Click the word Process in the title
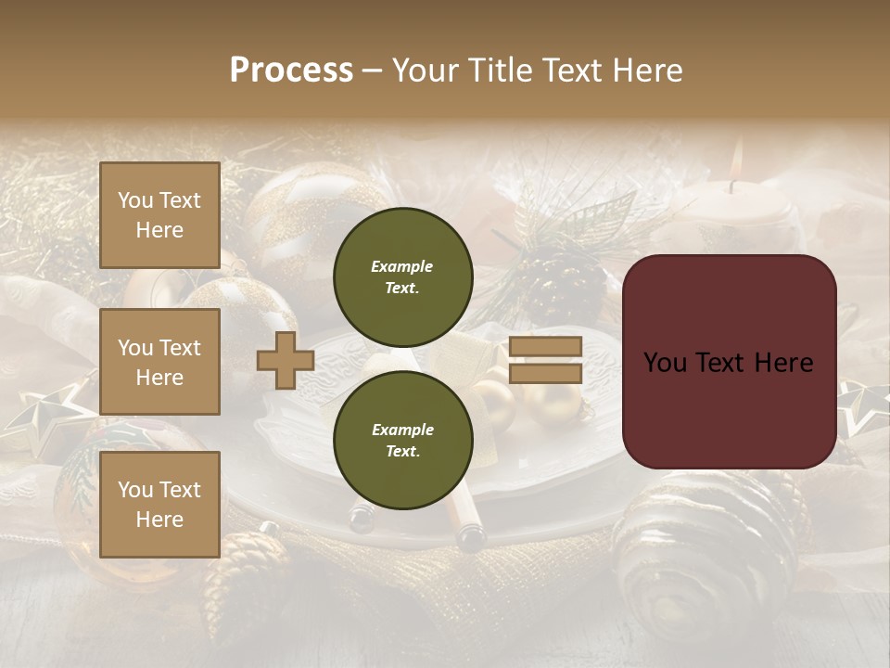(291, 71)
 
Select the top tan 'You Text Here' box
(159, 215)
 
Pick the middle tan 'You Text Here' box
(159, 362)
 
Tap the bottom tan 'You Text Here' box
(159, 504)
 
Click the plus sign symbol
(286, 360)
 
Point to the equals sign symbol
(546, 360)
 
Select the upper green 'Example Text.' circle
(402, 276)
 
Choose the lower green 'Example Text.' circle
(402, 440)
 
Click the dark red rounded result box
(729, 361)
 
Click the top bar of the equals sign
(546, 347)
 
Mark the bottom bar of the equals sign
(546, 373)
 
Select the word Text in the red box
(728, 362)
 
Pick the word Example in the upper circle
(402, 266)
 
